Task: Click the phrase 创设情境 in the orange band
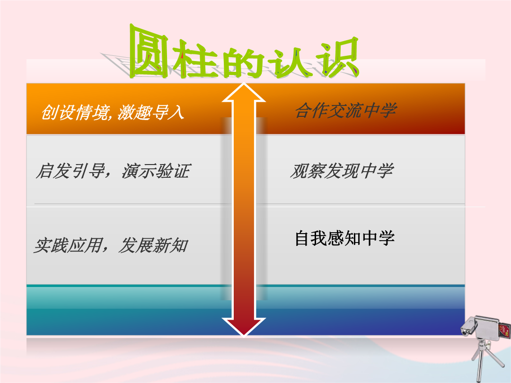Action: coord(75,113)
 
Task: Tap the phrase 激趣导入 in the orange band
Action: coord(151,113)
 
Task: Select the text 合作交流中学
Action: coord(346,110)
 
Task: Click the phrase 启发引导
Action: coord(70,171)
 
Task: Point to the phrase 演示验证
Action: coord(156,171)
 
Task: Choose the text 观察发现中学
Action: coord(342,171)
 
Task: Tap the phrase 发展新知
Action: coord(153,245)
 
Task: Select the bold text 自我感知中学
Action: coord(345,238)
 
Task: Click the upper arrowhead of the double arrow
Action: coord(244,92)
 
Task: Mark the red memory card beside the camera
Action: coord(504,330)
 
